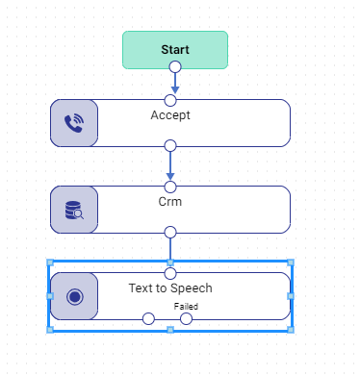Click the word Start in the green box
(x=175, y=50)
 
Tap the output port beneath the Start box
(x=175, y=67)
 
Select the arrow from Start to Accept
(x=175, y=84)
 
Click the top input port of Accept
(x=170, y=100)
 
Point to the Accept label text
(x=170, y=115)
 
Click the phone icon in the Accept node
(x=74, y=123)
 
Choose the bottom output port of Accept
(x=170, y=146)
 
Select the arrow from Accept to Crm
(x=170, y=165)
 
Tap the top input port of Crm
(x=170, y=187)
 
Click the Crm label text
(x=170, y=202)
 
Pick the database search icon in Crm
(x=74, y=211)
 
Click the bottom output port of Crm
(x=170, y=233)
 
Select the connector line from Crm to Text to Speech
(x=170, y=249)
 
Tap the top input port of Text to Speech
(x=170, y=274)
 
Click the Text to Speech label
(x=170, y=288)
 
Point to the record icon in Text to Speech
(x=75, y=296)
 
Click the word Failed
(x=186, y=307)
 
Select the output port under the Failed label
(x=186, y=319)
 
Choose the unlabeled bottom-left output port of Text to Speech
(x=148, y=319)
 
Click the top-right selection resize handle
(x=291, y=262)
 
